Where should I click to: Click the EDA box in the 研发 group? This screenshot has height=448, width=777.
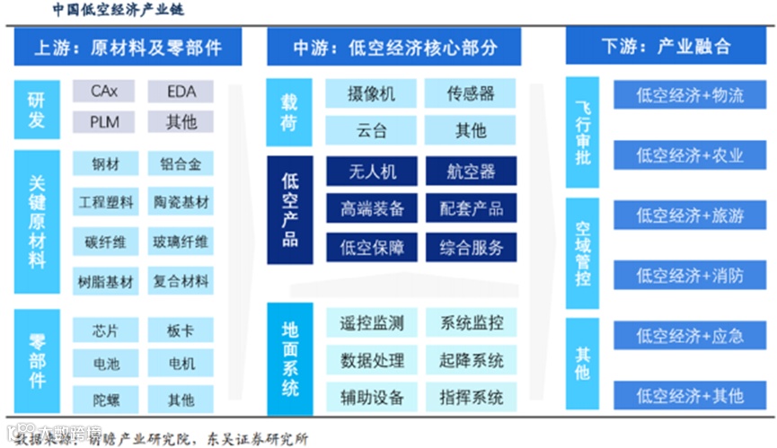pyautogui.click(x=181, y=92)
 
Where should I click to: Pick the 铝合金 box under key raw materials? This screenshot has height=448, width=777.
pyautogui.click(x=181, y=164)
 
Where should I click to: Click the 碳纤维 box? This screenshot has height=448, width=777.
pyautogui.click(x=105, y=242)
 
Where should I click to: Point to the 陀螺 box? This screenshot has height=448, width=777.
pyautogui.click(x=105, y=398)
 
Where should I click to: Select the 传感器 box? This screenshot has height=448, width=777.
pyautogui.click(x=470, y=94)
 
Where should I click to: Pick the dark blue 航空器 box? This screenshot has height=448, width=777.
pyautogui.click(x=470, y=171)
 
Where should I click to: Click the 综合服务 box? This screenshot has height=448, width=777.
pyautogui.click(x=470, y=246)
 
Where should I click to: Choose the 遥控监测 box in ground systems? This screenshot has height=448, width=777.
pyautogui.click(x=371, y=323)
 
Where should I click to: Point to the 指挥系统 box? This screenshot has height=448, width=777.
pyautogui.click(x=470, y=396)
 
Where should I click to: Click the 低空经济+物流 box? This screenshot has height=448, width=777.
pyautogui.click(x=690, y=95)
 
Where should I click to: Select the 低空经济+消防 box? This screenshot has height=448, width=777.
pyautogui.click(x=690, y=276)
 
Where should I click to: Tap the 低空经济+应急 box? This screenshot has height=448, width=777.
pyautogui.click(x=690, y=336)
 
